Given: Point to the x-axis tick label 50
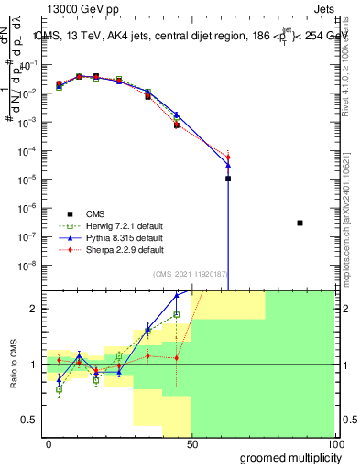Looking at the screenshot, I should click(x=192, y=442).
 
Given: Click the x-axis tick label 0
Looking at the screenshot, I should click(x=49, y=442).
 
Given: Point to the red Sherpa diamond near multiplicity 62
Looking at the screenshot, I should click(x=228, y=158).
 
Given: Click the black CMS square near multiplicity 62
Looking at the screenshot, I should click(x=228, y=179).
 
